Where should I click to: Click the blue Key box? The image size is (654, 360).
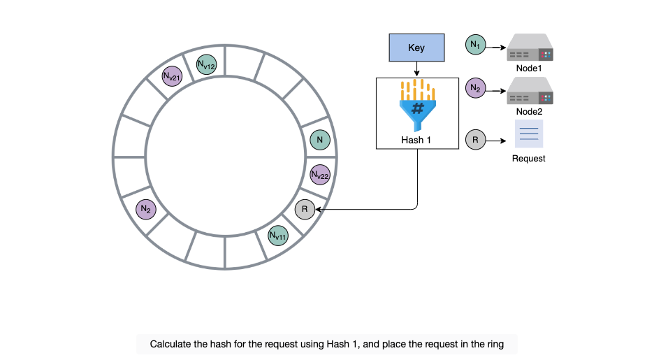tap(416, 48)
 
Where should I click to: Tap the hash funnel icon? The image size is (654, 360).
tap(418, 105)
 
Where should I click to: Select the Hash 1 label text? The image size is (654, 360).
tap(416, 141)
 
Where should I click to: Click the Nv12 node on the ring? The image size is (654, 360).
tap(206, 64)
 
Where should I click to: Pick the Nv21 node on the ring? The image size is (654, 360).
tap(172, 76)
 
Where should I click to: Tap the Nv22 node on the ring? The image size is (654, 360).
tap(320, 175)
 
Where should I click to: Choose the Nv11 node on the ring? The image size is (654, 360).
tap(278, 236)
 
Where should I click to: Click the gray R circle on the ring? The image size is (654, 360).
tap(305, 210)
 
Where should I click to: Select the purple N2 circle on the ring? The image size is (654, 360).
tap(146, 209)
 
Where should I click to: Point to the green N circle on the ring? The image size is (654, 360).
tap(320, 140)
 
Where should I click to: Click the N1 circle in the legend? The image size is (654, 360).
tap(476, 45)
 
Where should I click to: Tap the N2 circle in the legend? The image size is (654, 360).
tap(476, 88)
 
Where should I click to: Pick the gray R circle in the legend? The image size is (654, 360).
tap(476, 140)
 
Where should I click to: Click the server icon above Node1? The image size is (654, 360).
tap(530, 48)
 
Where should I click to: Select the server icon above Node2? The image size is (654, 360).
tap(530, 90)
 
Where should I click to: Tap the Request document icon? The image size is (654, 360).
tap(529, 134)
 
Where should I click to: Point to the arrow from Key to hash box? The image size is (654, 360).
tap(416, 69)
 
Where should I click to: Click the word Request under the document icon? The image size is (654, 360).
tap(528, 159)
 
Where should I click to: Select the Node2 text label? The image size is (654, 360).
tap(530, 111)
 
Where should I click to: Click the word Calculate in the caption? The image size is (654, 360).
tap(169, 344)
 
